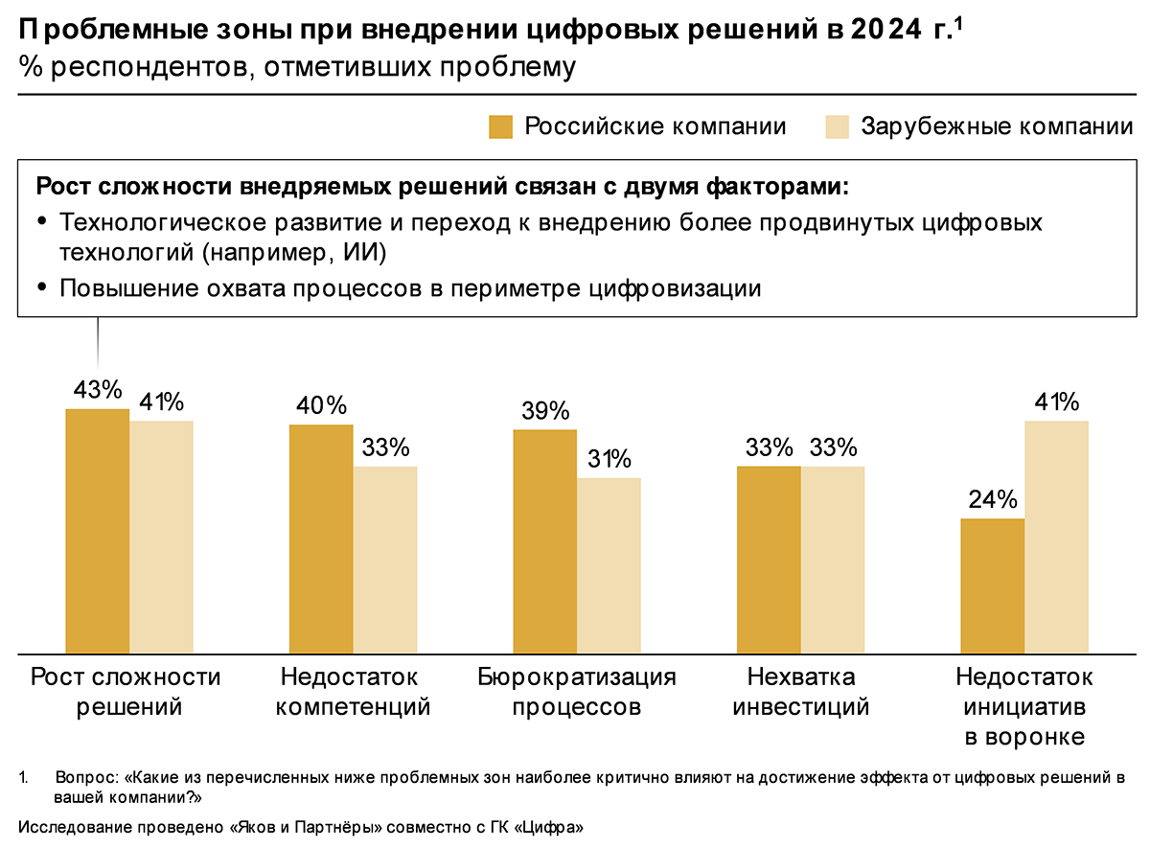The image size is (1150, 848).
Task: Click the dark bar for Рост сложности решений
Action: click(x=97, y=531)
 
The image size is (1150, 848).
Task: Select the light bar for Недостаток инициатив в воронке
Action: click(x=1056, y=537)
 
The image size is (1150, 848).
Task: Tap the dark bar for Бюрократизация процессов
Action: click(x=544, y=541)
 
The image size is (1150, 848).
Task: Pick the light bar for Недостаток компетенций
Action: click(x=385, y=560)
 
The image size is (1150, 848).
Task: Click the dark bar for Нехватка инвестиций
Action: click(x=769, y=560)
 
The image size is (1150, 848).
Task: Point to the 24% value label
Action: click(x=992, y=499)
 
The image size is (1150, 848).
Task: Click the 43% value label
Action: click(x=97, y=390)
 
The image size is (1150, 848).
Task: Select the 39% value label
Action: click(x=544, y=411)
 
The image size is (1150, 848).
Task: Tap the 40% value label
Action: click(x=321, y=405)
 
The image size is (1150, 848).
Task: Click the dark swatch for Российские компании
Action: click(x=501, y=127)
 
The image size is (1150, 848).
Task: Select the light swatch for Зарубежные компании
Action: click(x=838, y=127)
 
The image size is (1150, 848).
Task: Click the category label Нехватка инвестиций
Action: click(x=800, y=693)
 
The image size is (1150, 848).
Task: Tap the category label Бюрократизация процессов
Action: click(x=577, y=693)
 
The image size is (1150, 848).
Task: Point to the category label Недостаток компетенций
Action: click(x=352, y=693)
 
